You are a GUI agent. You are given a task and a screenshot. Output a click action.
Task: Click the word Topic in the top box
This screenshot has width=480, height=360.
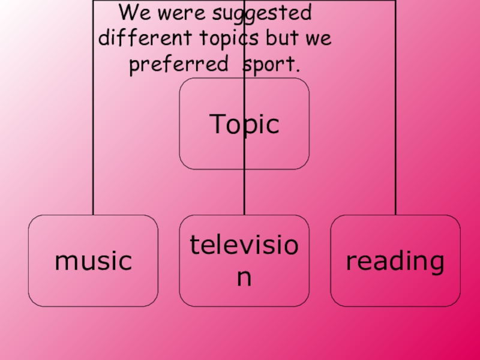coord(244,124)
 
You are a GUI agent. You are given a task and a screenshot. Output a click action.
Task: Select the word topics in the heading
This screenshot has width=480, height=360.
coord(230,39)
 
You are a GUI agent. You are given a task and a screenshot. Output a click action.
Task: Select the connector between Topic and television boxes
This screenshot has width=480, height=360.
coord(244,192)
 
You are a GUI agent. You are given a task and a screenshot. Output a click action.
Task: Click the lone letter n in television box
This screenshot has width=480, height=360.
coord(244,278)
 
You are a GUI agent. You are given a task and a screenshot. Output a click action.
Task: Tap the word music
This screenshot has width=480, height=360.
coord(93,262)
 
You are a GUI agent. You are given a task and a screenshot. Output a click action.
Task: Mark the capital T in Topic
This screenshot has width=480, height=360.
coord(217,124)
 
